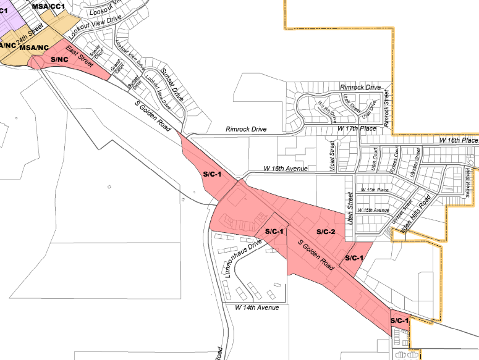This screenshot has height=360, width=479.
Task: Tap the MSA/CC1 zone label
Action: click(x=50, y=6)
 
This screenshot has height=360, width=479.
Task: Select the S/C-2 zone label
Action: click(x=325, y=232)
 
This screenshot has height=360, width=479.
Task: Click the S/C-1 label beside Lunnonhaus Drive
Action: click(x=274, y=232)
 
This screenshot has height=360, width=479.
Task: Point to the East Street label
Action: click(x=79, y=56)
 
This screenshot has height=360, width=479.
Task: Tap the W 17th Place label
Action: click(x=357, y=128)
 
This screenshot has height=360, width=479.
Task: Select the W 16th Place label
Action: click(x=459, y=140)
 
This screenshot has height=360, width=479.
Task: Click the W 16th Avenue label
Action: click(x=285, y=168)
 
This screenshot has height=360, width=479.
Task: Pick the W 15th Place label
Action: click(x=375, y=190)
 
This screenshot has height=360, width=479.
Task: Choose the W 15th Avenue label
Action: click(x=373, y=210)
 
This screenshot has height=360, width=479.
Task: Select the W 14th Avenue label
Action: click(x=256, y=307)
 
